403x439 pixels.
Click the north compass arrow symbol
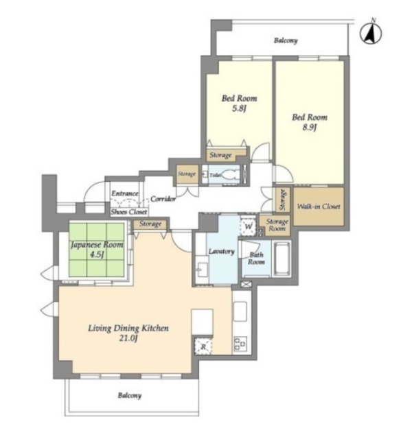(371, 33)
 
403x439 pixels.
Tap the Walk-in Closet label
(319, 206)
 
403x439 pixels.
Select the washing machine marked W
(249, 226)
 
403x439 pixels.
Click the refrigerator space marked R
(203, 346)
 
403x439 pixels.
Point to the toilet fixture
(229, 175)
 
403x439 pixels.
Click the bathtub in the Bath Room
(282, 259)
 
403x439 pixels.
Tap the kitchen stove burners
(240, 344)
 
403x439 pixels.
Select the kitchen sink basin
(240, 311)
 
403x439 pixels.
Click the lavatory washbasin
(202, 270)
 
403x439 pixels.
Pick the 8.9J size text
(310, 128)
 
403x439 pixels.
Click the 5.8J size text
(239, 108)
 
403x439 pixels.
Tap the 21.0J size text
(128, 338)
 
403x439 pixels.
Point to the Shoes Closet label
(129, 212)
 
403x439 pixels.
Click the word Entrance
(125, 193)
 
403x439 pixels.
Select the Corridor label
(163, 199)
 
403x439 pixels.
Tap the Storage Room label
(277, 225)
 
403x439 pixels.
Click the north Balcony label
(286, 40)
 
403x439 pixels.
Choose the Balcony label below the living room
(130, 396)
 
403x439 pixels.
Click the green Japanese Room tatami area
(97, 250)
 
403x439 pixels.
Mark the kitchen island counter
(203, 322)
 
